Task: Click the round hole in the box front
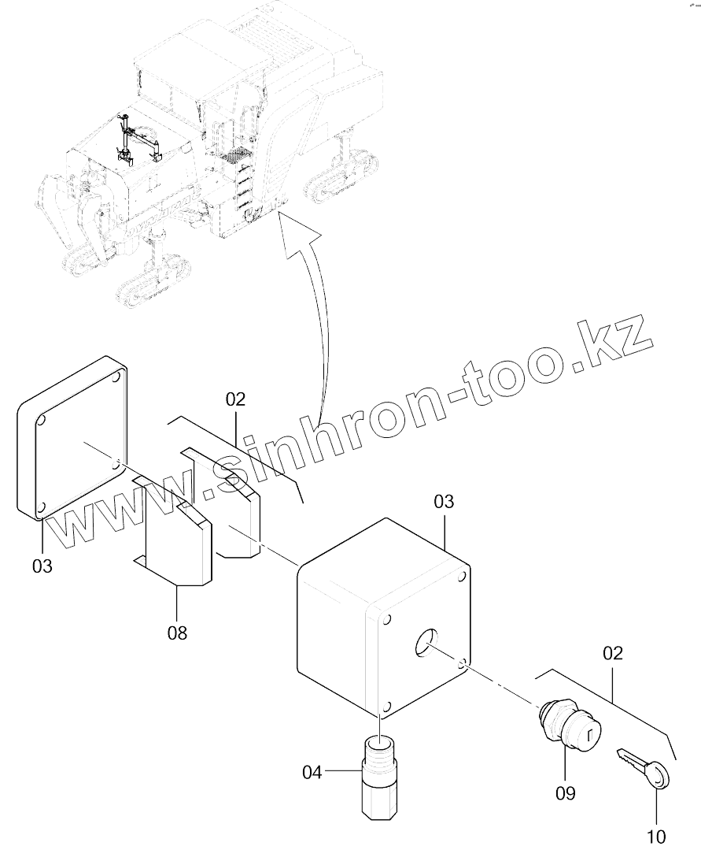pos(425,643)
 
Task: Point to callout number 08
pos(178,632)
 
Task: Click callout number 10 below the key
pos(655,836)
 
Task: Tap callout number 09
pos(565,792)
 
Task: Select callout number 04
pos(312,773)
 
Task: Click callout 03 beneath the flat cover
pos(42,565)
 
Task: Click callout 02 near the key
pos(612,653)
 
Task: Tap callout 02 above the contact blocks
pos(235,399)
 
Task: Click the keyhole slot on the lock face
pos(588,738)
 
